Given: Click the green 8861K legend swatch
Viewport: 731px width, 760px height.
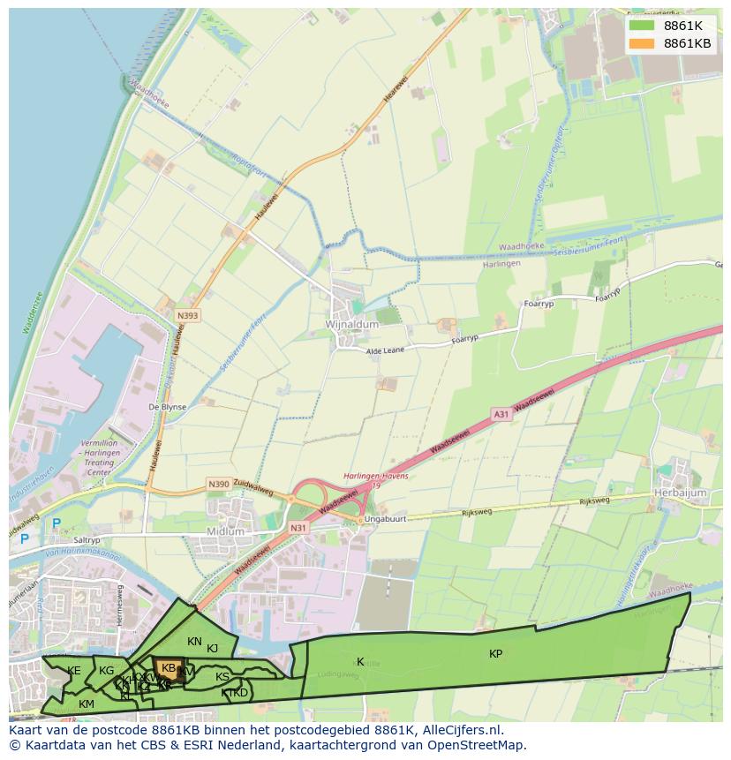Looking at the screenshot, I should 642,26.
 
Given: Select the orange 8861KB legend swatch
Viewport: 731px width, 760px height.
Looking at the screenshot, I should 642,43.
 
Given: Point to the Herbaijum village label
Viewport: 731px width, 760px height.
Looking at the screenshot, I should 682,492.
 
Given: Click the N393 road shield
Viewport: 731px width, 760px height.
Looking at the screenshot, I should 187,315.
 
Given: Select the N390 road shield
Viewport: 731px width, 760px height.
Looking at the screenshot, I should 218,485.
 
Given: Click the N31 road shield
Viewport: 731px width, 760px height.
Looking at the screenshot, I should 298,528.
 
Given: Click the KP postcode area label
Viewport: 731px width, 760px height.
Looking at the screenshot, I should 496,654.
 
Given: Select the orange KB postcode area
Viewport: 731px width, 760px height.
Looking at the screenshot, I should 168,668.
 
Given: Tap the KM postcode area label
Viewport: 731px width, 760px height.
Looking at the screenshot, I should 87,704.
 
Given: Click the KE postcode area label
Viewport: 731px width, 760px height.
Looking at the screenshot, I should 74,671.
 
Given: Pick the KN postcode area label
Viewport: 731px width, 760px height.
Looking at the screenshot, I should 194,642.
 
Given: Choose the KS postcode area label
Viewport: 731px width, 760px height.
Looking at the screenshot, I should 222,677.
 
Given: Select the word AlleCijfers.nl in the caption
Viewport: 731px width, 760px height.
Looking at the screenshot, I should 459,730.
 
